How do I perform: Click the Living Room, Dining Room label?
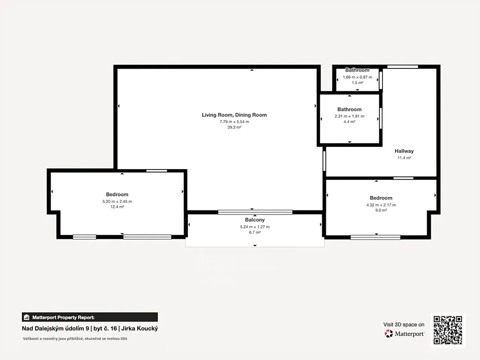[234, 115]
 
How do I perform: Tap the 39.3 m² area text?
[234, 127]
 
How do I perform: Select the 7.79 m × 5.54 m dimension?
[234, 122]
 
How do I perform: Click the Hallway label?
[404, 151]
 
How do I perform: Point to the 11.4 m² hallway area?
[404, 158]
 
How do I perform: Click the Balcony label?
[255, 220]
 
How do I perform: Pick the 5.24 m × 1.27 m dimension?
[255, 227]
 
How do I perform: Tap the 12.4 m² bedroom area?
[117, 207]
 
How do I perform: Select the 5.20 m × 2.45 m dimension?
[117, 202]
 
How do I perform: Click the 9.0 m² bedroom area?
[381, 210]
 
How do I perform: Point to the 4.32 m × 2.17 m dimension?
[381, 205]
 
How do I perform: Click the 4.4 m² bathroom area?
[349, 122]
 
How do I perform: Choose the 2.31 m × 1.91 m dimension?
[349, 116]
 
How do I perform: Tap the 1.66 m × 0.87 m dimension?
[358, 77]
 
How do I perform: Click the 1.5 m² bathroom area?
[358, 82]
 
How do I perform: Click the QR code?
[448, 330]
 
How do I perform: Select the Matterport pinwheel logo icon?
[389, 333]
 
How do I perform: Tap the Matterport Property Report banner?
[90, 317]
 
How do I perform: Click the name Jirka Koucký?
[140, 329]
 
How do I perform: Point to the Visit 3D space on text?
[404, 324]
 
